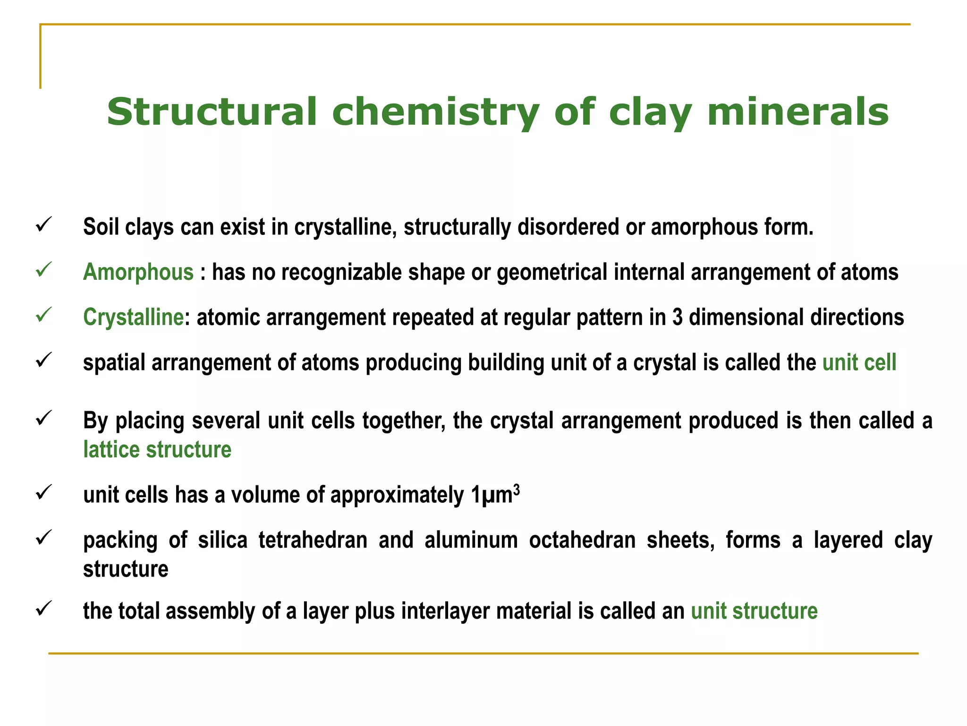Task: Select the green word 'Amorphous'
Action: [138, 273]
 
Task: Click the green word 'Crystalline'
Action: [133, 317]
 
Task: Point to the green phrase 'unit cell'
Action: [859, 363]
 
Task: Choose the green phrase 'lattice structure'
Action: [157, 449]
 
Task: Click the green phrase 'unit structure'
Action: [754, 611]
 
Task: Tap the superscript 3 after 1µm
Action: [517, 490]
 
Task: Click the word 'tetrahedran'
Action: [313, 540]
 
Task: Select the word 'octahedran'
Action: [582, 540]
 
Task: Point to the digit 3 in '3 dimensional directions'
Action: [677, 317]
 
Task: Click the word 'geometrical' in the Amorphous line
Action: [552, 273]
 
